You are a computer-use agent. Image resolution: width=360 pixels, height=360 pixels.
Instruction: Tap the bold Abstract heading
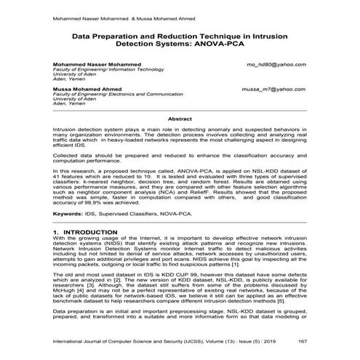coord(180,118)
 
